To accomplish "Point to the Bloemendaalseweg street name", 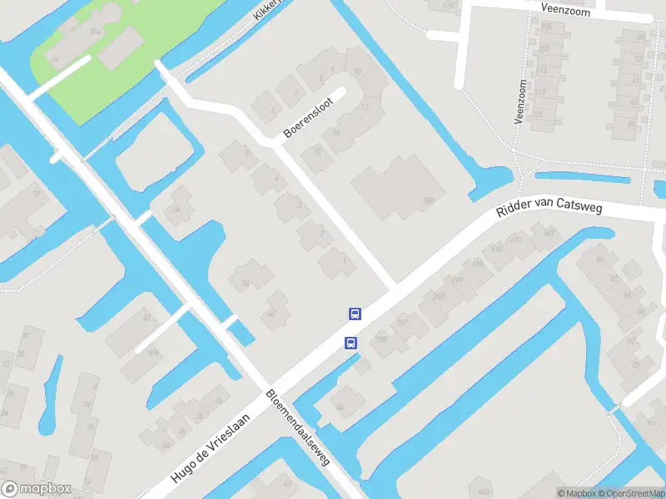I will pos(298,427).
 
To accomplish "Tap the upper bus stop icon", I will pos(355,314).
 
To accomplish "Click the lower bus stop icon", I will pos(350,342).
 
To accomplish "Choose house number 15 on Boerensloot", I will pos(317,151).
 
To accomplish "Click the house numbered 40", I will pos(272,314).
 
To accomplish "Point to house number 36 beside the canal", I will pos(176,209).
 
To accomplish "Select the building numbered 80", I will pos(600,259).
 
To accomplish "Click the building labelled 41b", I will pos(153,352).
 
